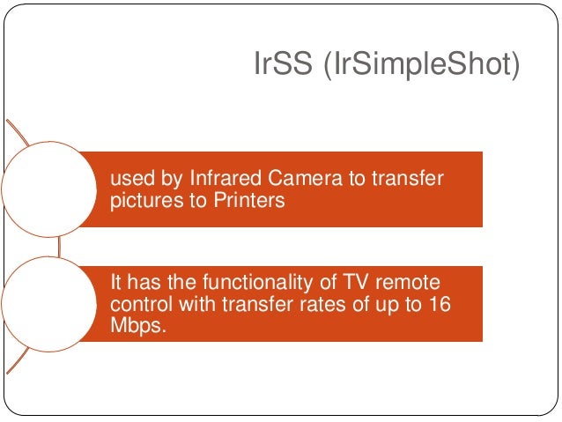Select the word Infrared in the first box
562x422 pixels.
(220, 180)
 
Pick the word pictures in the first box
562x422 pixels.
(142, 200)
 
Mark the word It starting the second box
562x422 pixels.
(116, 282)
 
